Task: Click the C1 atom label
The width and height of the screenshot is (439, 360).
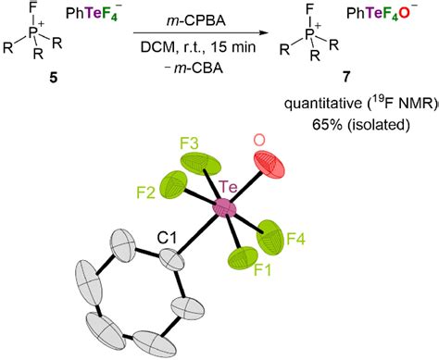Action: click(x=166, y=238)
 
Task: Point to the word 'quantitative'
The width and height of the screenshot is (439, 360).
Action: click(x=332, y=111)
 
